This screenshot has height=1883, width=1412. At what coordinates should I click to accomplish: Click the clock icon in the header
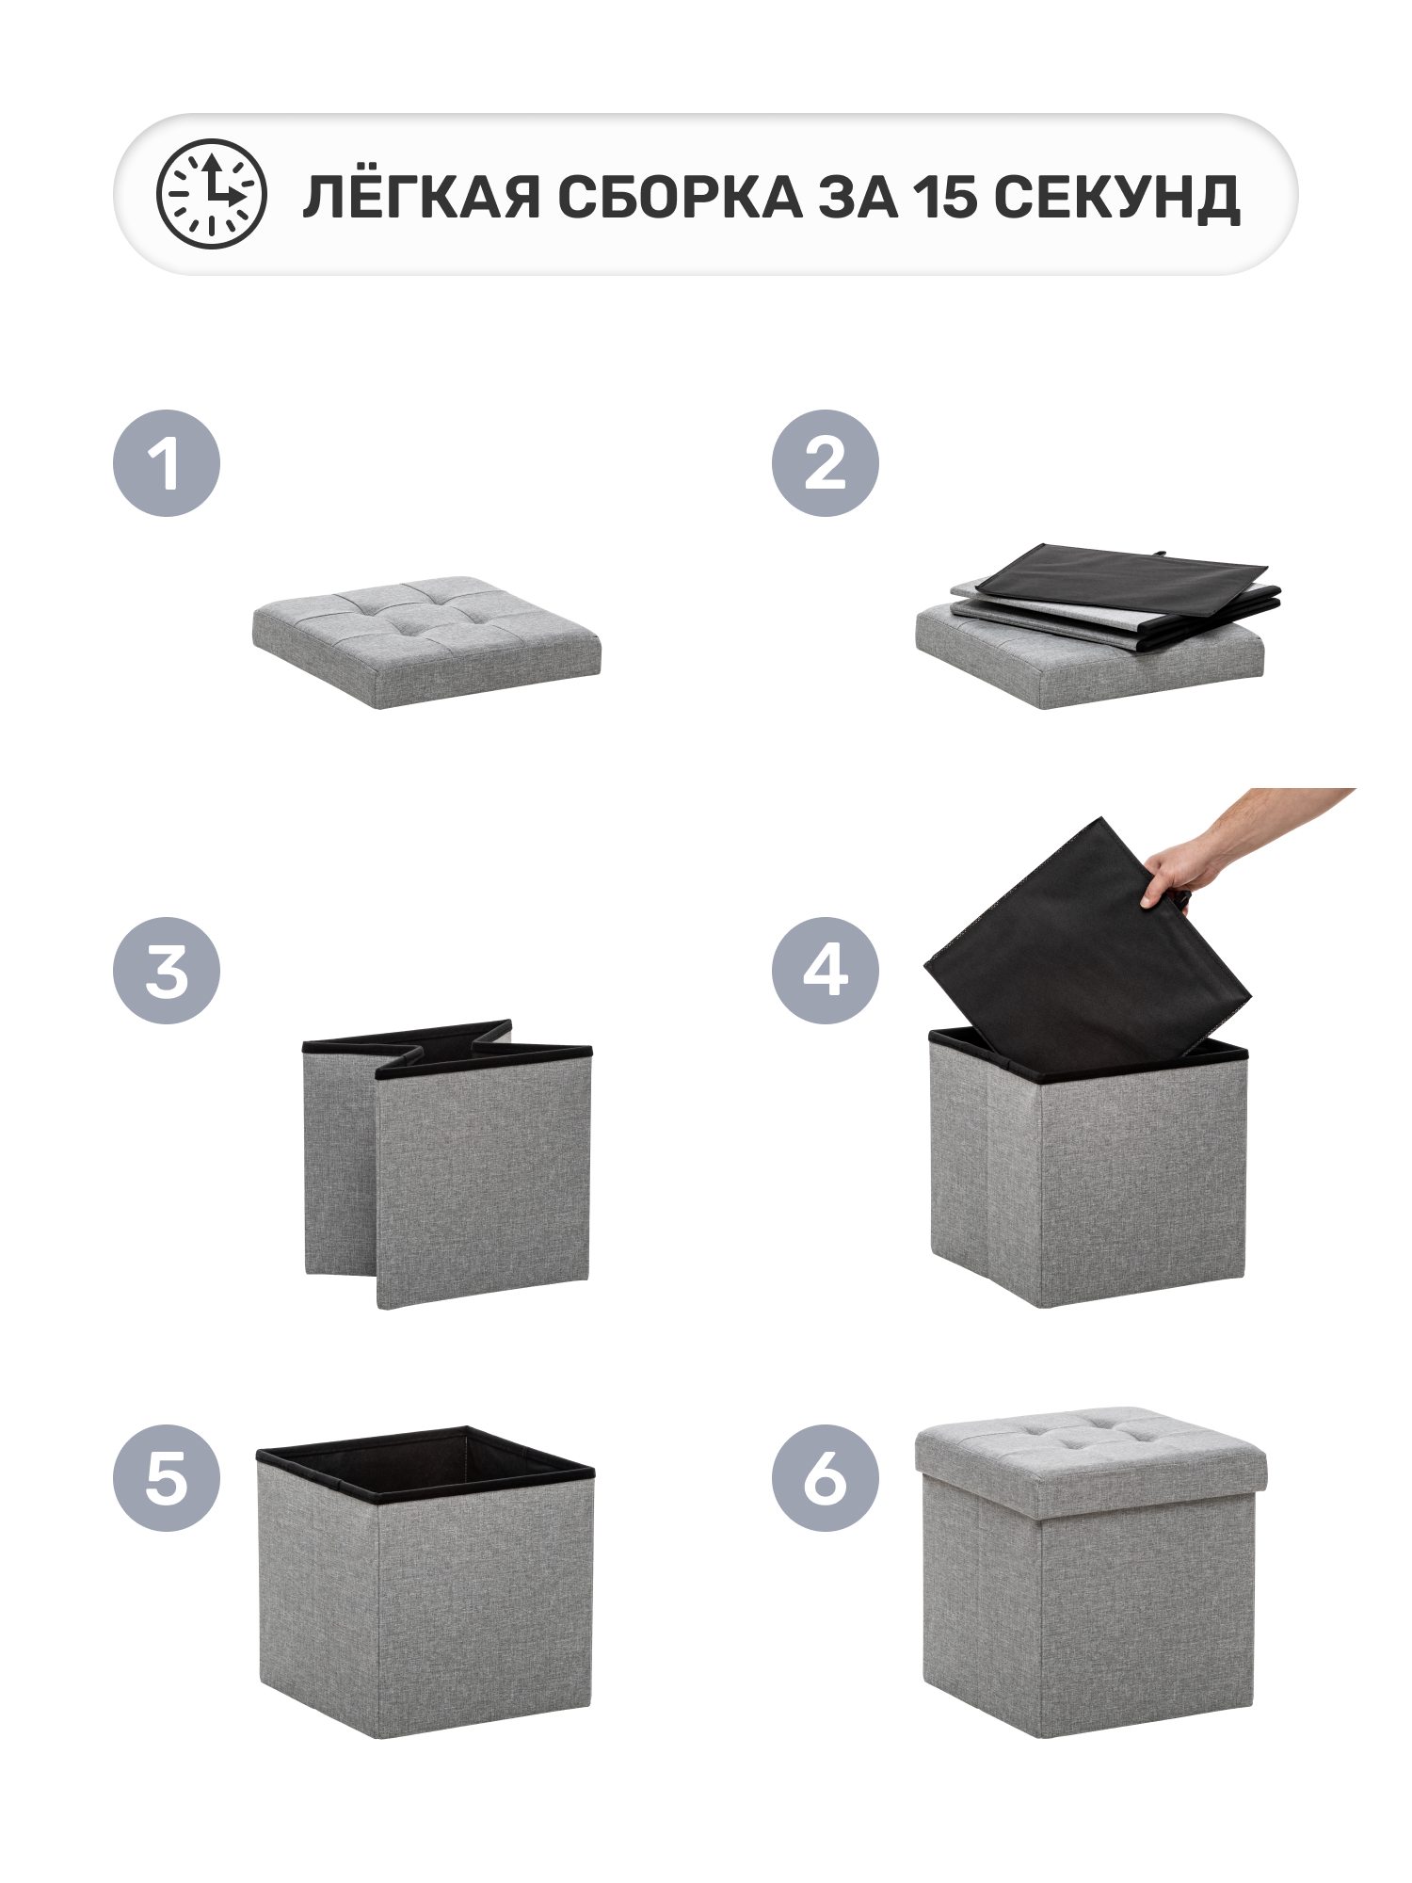pyautogui.click(x=212, y=194)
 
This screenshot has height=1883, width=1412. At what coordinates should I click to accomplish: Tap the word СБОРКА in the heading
pyautogui.click(x=681, y=198)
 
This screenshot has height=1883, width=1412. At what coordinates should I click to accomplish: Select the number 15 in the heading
pyautogui.click(x=945, y=198)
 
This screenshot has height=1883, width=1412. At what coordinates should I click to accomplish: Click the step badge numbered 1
pyautogui.click(x=167, y=463)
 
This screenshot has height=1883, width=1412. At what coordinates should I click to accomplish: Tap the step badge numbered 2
pyautogui.click(x=826, y=463)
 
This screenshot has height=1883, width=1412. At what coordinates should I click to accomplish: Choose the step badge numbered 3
pyautogui.click(x=167, y=971)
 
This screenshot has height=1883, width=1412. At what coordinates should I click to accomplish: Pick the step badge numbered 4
pyautogui.click(x=826, y=971)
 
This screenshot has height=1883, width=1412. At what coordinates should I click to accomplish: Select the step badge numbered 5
pyautogui.click(x=167, y=1478)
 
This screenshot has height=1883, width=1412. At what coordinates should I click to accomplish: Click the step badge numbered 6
pyautogui.click(x=826, y=1478)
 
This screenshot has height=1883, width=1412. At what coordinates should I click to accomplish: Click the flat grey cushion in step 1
pyautogui.click(x=426, y=642)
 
